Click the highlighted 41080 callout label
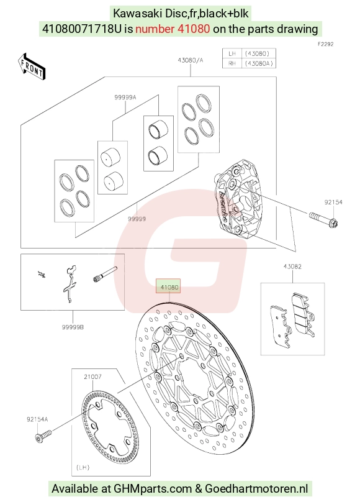[168, 286]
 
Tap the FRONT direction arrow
[31, 67]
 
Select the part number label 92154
[333, 202]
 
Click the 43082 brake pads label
[292, 267]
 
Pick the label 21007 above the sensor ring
[92, 376]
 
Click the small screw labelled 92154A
[43, 437]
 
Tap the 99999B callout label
[73, 327]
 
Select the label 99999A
[125, 98]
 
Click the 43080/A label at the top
[190, 60]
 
